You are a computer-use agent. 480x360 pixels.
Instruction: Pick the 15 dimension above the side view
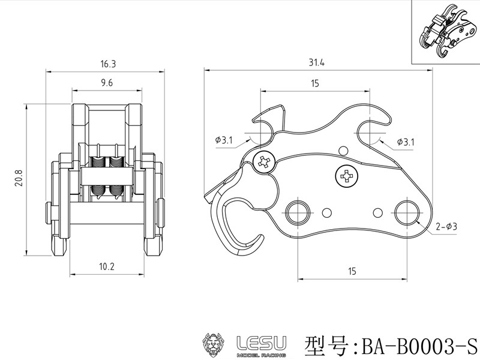(x=314, y=84)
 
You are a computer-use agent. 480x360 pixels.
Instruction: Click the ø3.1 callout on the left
(x=223, y=140)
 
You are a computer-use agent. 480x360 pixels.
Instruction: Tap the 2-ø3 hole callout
(x=447, y=227)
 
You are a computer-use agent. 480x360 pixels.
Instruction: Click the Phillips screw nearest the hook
(x=264, y=161)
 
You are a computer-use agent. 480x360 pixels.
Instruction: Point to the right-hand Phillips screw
(x=346, y=176)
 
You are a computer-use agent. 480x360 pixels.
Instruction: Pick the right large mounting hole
(x=406, y=212)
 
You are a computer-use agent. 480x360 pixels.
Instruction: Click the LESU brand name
(x=261, y=343)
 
